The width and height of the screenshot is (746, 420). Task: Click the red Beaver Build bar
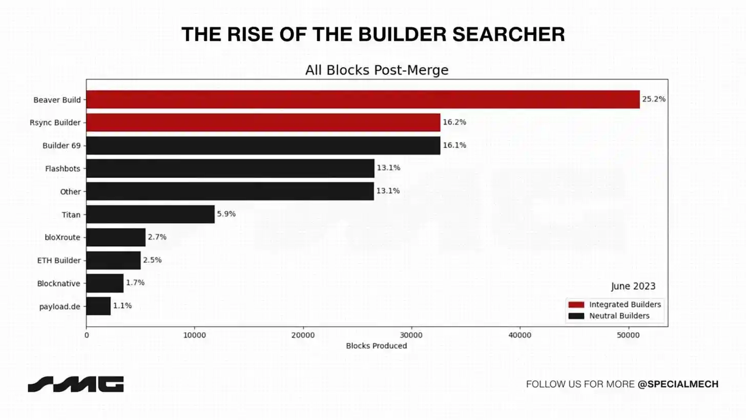[363, 99]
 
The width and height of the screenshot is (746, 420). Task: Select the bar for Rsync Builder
[263, 123]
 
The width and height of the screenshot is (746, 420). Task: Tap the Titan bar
[150, 214]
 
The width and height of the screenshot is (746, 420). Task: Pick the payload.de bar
[98, 306]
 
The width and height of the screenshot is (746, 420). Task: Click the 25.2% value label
[654, 99]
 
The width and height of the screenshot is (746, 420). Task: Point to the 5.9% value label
[226, 214]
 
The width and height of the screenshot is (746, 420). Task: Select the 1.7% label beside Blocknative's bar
[135, 283]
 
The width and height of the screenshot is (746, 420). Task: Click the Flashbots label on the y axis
[63, 168]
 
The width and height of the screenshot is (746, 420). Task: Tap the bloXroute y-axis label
[63, 237]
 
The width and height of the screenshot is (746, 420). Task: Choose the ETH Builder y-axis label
[59, 261]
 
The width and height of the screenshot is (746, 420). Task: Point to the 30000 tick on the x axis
[411, 335]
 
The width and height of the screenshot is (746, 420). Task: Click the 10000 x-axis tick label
[194, 335]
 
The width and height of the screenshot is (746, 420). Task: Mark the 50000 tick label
[628, 335]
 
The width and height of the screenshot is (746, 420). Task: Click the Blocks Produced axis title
[377, 346]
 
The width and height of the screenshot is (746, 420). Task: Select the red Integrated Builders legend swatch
[576, 305]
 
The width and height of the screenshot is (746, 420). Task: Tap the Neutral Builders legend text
[619, 316]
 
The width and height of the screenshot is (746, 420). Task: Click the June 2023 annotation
[633, 286]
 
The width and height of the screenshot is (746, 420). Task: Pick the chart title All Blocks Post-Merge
[377, 70]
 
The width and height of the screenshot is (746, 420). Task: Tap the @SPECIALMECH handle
[678, 384]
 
